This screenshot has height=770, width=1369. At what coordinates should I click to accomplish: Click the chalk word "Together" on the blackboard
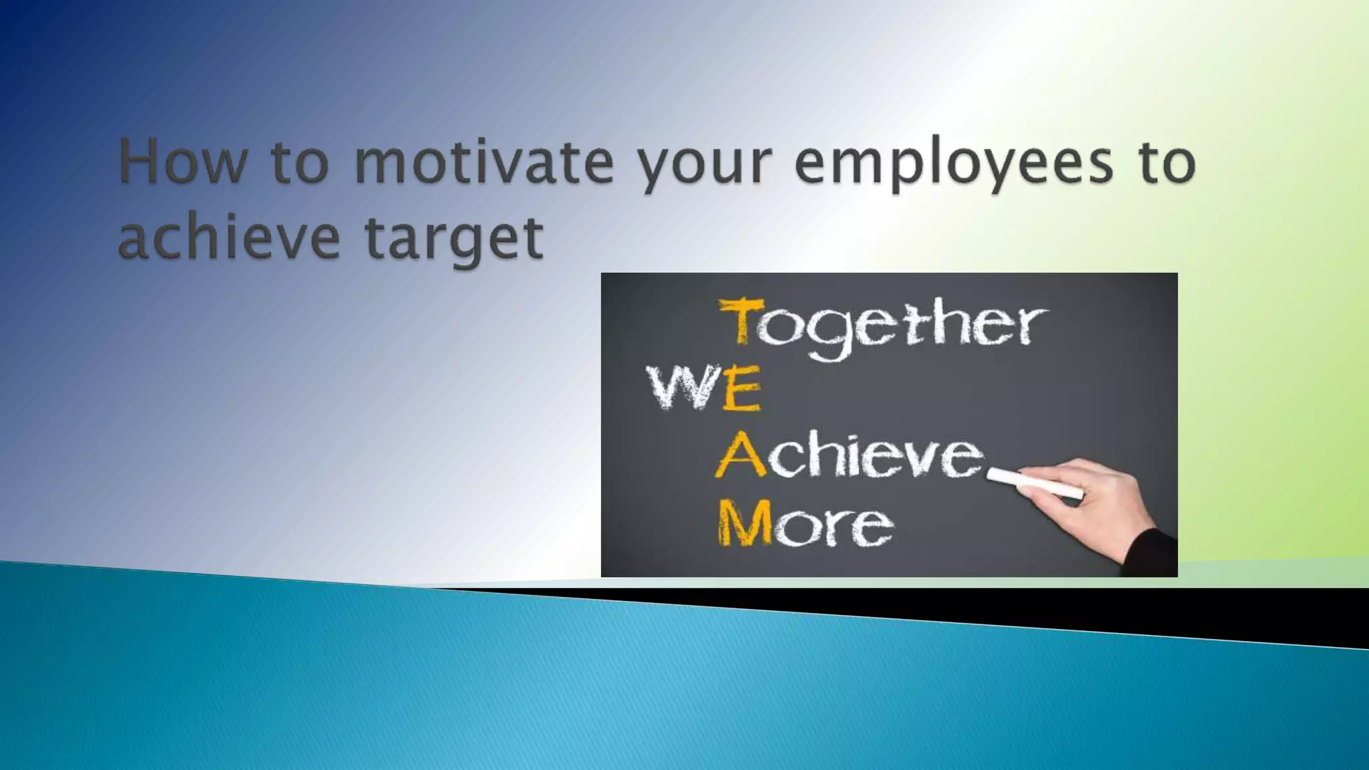tap(882, 326)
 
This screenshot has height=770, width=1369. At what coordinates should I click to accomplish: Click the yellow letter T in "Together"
tap(741, 322)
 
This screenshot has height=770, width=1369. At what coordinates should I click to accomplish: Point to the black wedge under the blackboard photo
tap(1003, 608)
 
